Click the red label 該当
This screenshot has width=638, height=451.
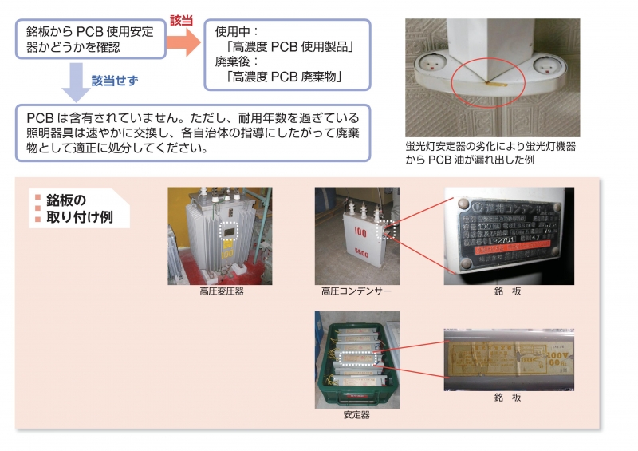[x=182, y=19]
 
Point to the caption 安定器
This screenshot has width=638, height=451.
[x=356, y=415]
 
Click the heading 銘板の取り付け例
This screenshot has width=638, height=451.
[x=75, y=209]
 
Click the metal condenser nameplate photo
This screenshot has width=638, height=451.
[x=508, y=231]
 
